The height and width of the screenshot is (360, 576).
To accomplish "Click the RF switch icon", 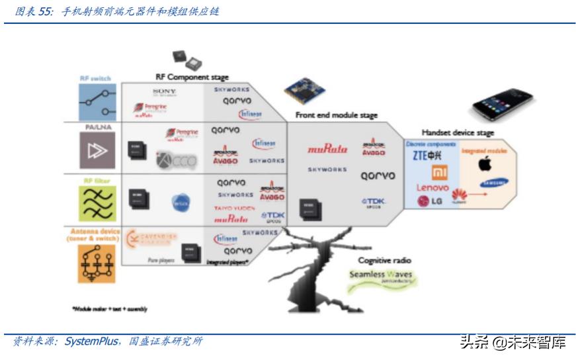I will pos(97,101).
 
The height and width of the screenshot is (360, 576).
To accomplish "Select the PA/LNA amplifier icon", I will pos(97,152).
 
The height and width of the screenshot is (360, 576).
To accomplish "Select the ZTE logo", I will pos(428,156).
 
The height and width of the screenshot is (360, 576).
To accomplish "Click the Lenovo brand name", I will pos(432,188).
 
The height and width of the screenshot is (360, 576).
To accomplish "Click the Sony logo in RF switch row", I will pos(165,91).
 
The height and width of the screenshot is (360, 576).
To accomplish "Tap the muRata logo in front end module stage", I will pos(327,150).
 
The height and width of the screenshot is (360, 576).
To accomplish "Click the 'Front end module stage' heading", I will pos(337,115).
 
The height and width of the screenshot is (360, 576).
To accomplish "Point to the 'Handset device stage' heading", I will pos(458,133).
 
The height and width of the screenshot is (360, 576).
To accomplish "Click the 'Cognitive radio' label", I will pos(386,261).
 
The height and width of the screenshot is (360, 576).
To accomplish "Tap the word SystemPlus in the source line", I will pos(91,342).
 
